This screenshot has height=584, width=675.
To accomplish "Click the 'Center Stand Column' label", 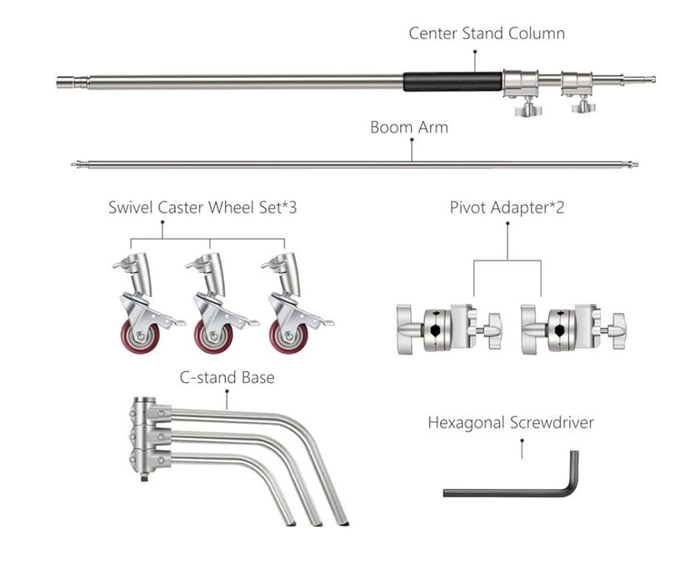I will tap(487, 33).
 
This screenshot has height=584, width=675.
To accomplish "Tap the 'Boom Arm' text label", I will tap(408, 128).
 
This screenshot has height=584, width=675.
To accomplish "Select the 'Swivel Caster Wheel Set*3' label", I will tap(202, 207).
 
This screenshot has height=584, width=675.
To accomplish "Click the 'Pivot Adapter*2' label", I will tap(507, 207).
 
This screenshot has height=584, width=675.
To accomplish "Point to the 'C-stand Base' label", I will tap(227, 377).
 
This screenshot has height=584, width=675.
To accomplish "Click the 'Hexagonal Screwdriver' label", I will tap(511, 422).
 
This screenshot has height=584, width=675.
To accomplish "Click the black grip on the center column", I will tap(452, 82).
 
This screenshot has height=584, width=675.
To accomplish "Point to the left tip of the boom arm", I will tap(75, 164).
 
